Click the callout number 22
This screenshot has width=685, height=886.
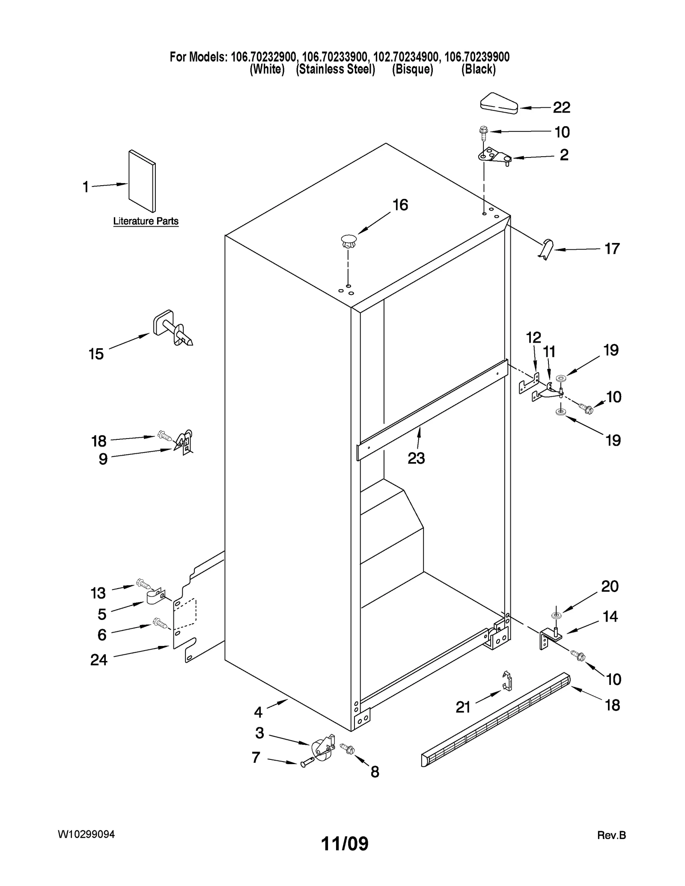(x=561, y=107)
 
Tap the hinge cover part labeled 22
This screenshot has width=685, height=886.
(x=499, y=104)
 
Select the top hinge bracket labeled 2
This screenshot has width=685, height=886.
(x=494, y=156)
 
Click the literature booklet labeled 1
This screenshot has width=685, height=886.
(x=142, y=181)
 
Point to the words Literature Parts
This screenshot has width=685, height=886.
(x=146, y=221)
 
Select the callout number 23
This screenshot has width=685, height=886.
(x=416, y=458)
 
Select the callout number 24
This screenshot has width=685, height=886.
(x=98, y=660)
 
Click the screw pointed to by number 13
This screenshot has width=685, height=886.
(x=143, y=583)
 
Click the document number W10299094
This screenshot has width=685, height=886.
(x=86, y=835)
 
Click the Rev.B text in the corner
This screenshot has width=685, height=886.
(x=611, y=835)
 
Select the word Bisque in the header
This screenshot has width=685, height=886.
(x=412, y=69)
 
